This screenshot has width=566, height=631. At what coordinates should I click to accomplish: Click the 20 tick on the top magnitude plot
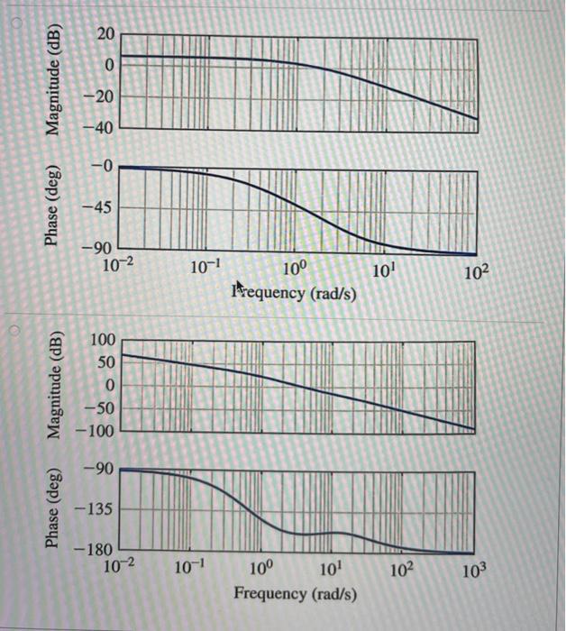(105, 34)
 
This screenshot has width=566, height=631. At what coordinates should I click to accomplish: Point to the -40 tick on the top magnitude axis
(101, 128)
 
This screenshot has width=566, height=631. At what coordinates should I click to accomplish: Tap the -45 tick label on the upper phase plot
(101, 207)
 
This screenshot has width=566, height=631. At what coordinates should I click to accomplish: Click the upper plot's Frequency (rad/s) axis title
(294, 295)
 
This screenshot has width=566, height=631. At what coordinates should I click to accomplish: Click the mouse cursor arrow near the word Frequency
(240, 287)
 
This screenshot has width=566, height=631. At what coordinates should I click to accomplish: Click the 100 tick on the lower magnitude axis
(104, 341)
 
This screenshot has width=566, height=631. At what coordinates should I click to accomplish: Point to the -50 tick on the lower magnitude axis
(101, 408)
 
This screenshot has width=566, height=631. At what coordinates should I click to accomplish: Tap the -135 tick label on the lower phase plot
(97, 510)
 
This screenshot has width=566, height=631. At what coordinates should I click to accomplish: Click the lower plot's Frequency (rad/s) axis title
(295, 594)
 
